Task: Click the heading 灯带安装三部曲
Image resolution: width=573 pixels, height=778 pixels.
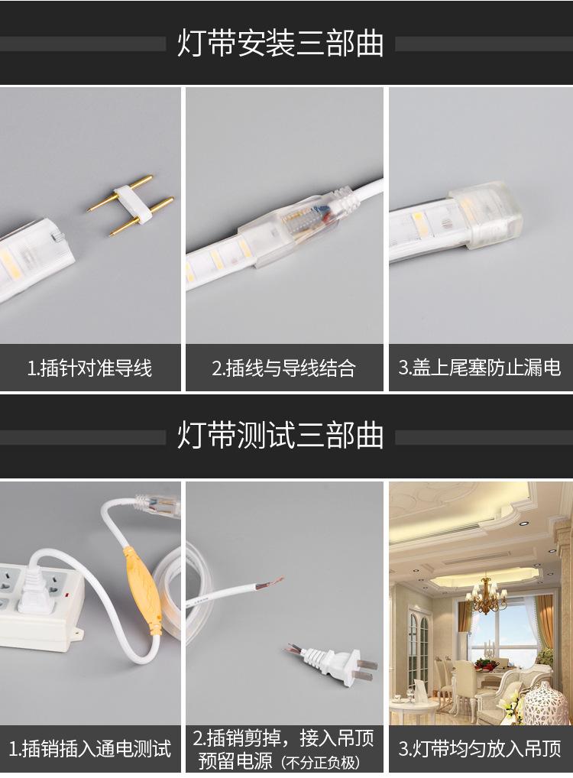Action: [280, 44]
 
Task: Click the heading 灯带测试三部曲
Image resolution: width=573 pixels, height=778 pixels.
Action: [280, 436]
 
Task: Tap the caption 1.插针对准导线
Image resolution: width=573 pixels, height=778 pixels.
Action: [89, 368]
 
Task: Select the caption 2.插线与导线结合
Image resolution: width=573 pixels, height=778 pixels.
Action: [283, 368]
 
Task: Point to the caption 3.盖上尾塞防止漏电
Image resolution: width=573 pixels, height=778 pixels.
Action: [480, 368]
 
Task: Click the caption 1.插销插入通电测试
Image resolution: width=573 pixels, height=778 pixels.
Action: [89, 747]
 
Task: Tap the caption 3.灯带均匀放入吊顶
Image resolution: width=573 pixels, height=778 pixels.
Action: [480, 747]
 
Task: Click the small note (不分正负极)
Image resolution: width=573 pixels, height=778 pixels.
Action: [319, 763]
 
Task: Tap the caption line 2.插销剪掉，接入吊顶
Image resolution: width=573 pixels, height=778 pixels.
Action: [283, 738]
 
